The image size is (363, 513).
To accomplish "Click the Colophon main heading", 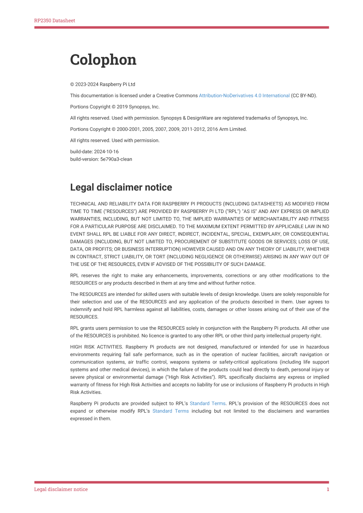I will click(103, 60).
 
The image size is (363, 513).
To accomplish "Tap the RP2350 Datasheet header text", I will click(55, 21).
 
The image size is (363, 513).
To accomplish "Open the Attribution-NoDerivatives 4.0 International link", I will click(244, 96).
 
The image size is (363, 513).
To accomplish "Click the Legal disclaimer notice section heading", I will click(121, 187).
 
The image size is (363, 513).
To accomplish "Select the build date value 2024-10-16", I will click(106, 152).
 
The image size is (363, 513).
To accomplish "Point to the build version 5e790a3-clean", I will click(116, 159).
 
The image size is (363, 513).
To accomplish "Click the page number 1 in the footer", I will click(328, 489).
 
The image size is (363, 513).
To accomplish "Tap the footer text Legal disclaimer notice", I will click(61, 489).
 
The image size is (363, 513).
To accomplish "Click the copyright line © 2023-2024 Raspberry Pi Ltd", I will click(103, 85).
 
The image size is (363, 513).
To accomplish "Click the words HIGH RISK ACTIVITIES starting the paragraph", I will click(96, 347).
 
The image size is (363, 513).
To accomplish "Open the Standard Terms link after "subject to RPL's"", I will click(208, 404).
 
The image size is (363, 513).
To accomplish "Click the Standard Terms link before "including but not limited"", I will click(171, 411).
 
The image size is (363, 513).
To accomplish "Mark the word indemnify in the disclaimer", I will click(81, 309).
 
